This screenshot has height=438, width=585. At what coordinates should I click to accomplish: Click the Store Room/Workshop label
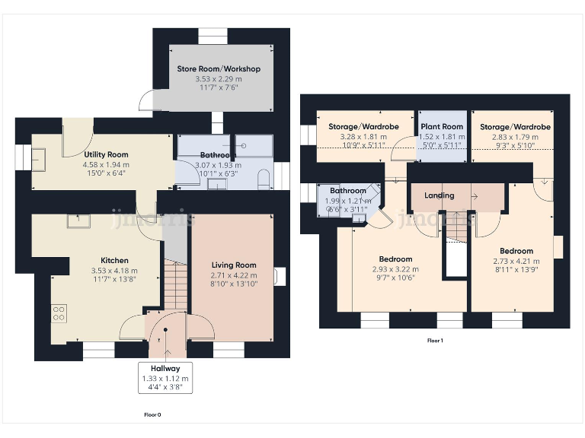[x=219, y=68]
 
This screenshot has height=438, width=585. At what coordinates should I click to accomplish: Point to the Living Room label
[x=234, y=265]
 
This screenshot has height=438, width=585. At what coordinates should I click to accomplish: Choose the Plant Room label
[x=442, y=127]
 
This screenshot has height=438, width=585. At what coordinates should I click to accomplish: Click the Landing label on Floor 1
[x=439, y=195]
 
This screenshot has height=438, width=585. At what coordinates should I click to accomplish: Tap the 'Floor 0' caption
[x=152, y=415]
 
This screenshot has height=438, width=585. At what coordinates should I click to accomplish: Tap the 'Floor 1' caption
[x=435, y=341]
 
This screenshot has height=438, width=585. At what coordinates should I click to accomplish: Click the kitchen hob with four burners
[x=59, y=314]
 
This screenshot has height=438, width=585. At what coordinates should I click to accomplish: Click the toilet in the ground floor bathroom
[x=263, y=179]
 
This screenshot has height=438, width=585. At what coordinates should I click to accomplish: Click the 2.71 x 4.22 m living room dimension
[x=234, y=275]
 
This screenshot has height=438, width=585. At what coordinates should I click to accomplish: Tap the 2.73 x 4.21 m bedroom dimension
[x=516, y=261]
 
